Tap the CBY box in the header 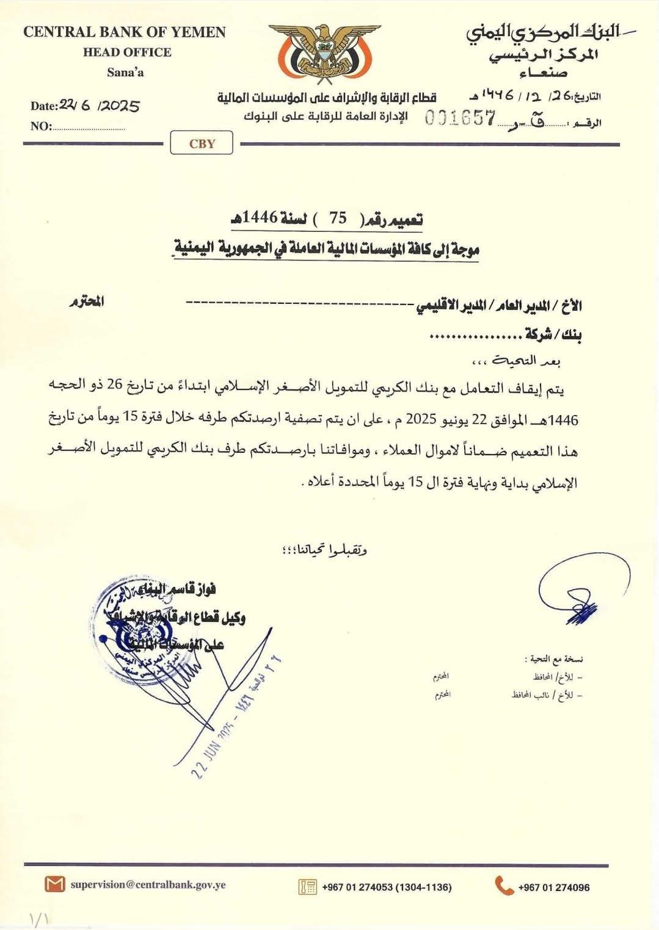(x=202, y=144)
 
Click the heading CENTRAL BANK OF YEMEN (x=125, y=32)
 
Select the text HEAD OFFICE (x=127, y=52)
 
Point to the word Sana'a (x=125, y=73)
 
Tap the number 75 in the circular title (x=338, y=218)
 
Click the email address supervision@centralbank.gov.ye (x=148, y=884)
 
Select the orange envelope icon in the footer (x=54, y=884)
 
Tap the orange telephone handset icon (x=504, y=885)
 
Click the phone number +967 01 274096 (x=553, y=887)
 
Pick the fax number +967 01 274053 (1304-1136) (x=387, y=887)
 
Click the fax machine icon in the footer (x=307, y=886)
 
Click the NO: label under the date (x=41, y=126)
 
